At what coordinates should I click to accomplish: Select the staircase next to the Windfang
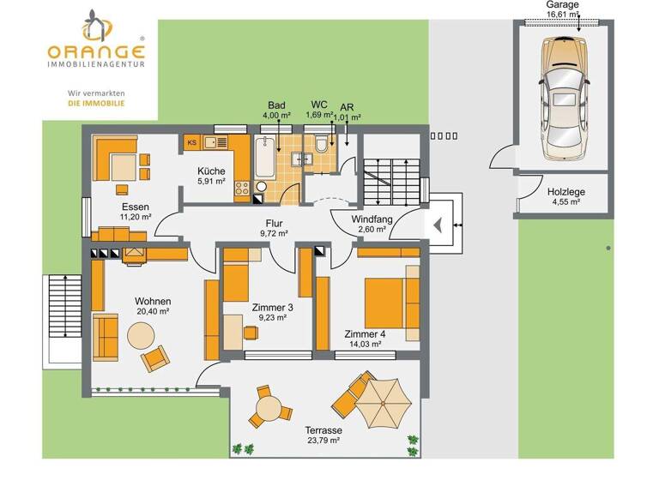click(x=382, y=180)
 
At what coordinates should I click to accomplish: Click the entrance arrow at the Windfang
click(x=438, y=225)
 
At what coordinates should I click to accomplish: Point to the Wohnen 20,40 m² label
click(x=152, y=306)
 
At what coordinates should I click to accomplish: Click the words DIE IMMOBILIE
click(x=96, y=102)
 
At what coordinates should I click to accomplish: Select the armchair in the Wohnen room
click(x=156, y=357)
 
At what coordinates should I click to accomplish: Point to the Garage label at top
click(x=563, y=5)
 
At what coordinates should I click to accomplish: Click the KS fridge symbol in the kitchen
click(x=192, y=142)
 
